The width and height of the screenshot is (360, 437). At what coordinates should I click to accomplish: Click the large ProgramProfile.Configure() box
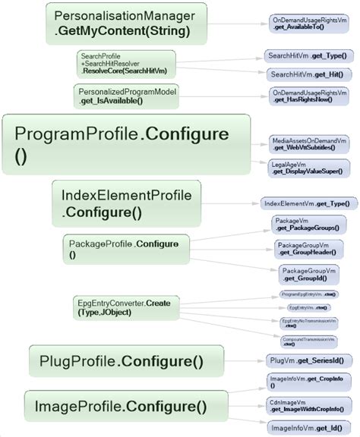tap(126, 146)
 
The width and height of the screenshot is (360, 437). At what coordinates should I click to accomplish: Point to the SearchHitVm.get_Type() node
tap(308, 55)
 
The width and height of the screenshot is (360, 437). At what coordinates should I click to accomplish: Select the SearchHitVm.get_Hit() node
tap(308, 74)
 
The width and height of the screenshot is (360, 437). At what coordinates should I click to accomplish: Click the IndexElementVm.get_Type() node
tap(306, 203)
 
